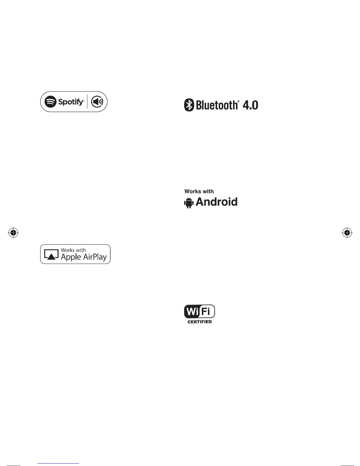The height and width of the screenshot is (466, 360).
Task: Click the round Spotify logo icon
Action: pos(50,102)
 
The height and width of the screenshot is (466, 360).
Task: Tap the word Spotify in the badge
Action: pos(71,102)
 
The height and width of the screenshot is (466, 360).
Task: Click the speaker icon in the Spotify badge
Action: pos(97,102)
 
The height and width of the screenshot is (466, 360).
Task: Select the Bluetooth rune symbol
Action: pos(189,105)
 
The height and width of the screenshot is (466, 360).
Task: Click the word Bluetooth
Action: pos(216,105)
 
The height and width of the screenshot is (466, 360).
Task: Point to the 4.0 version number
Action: pos(250,105)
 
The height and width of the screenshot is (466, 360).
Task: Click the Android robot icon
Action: pos(189,202)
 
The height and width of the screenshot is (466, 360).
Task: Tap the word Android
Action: pos(216,202)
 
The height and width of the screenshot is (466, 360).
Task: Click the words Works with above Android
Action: pos(199,191)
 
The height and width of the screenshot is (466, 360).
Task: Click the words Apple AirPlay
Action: pos(84,257)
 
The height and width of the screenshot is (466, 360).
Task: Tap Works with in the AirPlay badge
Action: pos(73,250)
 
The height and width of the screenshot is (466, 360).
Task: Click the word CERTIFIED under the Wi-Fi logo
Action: pos(200,322)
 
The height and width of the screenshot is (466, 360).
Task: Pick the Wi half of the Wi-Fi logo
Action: pos(192,312)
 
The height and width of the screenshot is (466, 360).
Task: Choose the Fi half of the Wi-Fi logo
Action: pos(207,311)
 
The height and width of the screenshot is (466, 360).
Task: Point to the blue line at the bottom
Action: pos(58,463)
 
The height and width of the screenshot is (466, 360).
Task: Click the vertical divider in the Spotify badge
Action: pos(87,102)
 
